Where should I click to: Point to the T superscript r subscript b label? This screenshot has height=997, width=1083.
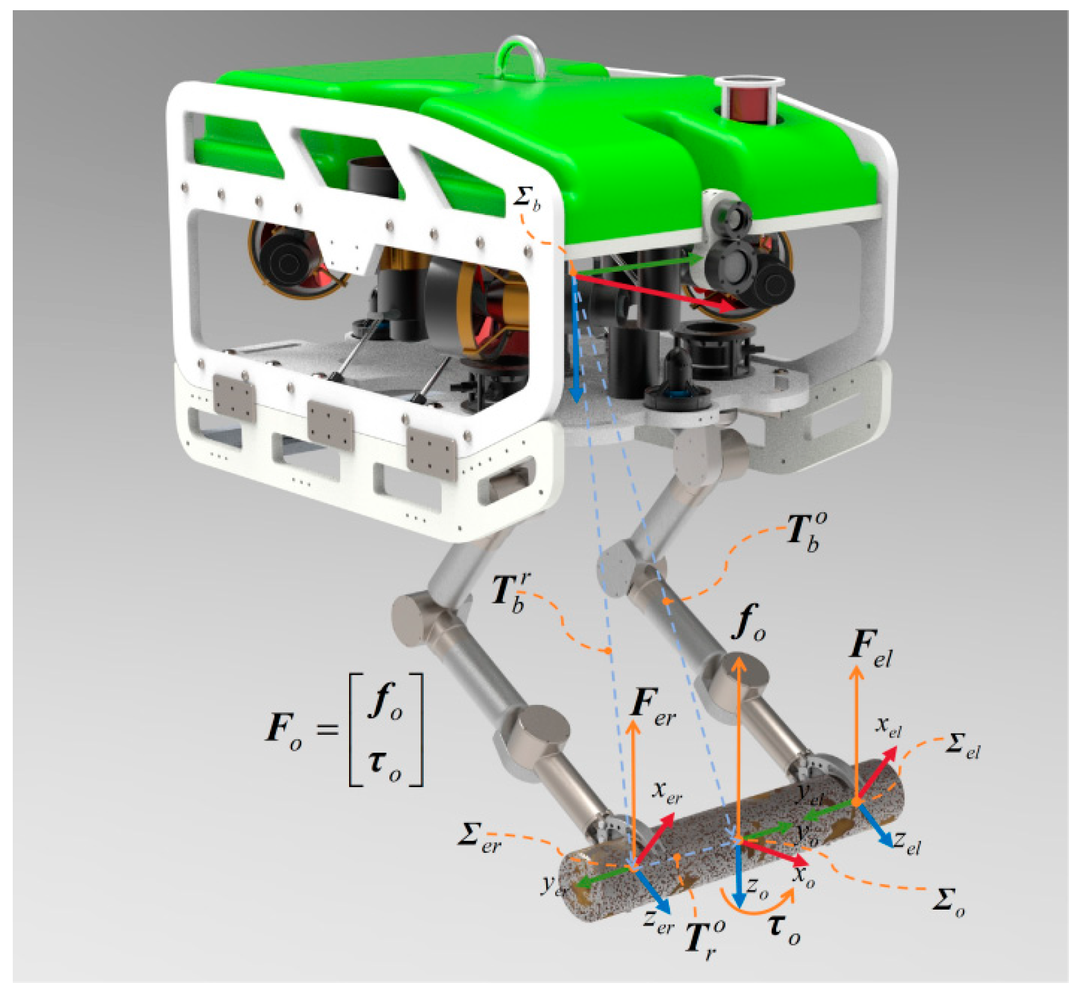coord(511,593)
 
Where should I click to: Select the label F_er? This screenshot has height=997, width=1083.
coord(652,705)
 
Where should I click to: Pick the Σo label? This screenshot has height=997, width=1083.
coord(948,901)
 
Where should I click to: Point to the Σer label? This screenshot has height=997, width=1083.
coord(479,836)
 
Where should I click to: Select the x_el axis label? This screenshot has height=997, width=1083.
coord(888,727)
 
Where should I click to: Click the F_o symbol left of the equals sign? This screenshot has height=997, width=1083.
coord(283,729)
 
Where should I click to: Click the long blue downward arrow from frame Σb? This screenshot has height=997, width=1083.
coord(575,338)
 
